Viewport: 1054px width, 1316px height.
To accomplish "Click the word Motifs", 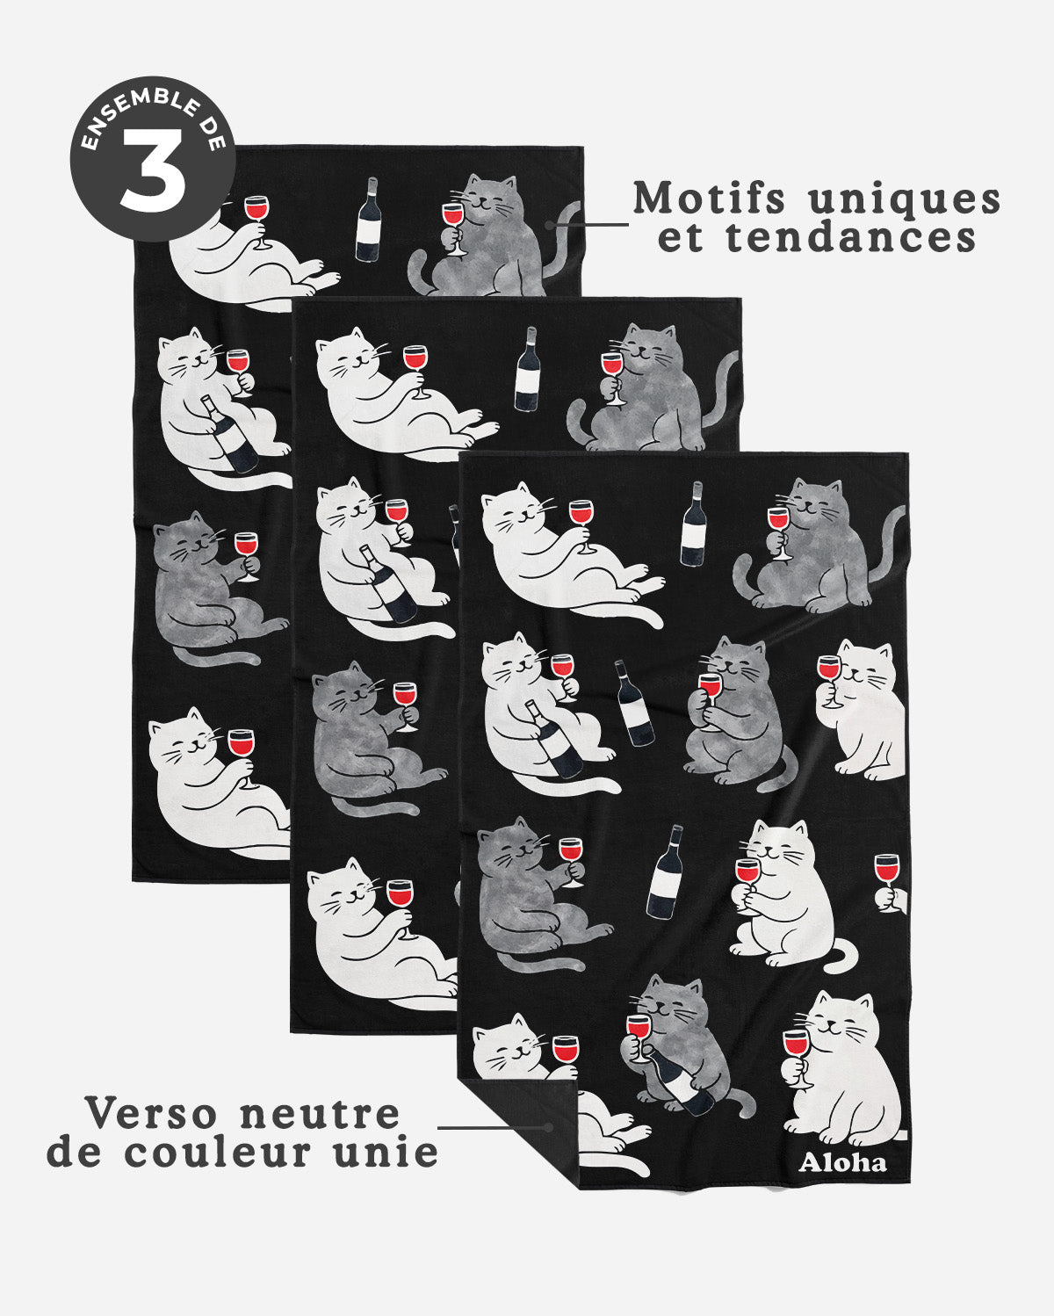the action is coord(709,199).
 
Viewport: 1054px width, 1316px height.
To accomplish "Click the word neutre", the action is coord(320,1114).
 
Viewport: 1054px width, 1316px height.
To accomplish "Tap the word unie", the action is coord(395,1152).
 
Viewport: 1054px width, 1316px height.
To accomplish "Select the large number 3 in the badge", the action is coord(153,170).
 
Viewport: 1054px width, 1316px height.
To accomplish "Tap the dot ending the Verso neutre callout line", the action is coord(550,1127).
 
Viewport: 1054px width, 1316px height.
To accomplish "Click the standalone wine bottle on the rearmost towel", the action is coord(368,221).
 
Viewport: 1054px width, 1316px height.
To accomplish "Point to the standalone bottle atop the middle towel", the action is coord(528,368).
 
